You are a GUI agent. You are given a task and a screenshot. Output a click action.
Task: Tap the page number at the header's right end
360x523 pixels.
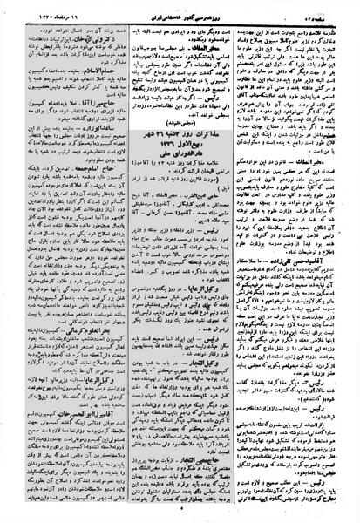pos(335,11)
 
